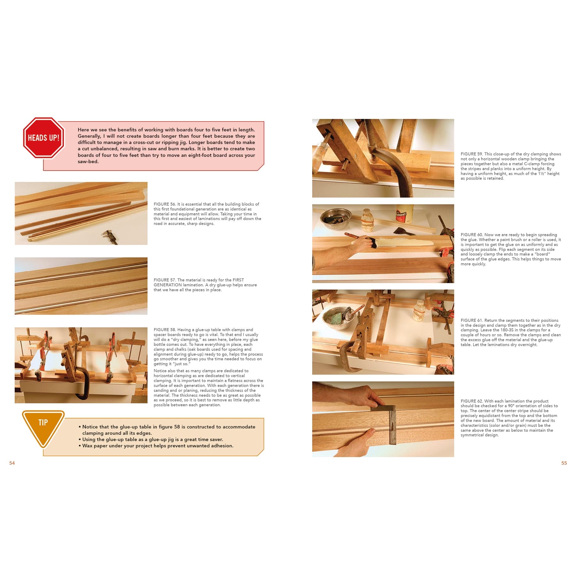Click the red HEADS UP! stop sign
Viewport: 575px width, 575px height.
click(43, 138)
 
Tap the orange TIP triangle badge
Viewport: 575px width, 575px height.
click(43, 425)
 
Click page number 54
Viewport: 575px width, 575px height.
click(12, 463)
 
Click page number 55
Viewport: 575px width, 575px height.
click(564, 463)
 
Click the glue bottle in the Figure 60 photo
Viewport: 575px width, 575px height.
click(404, 214)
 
